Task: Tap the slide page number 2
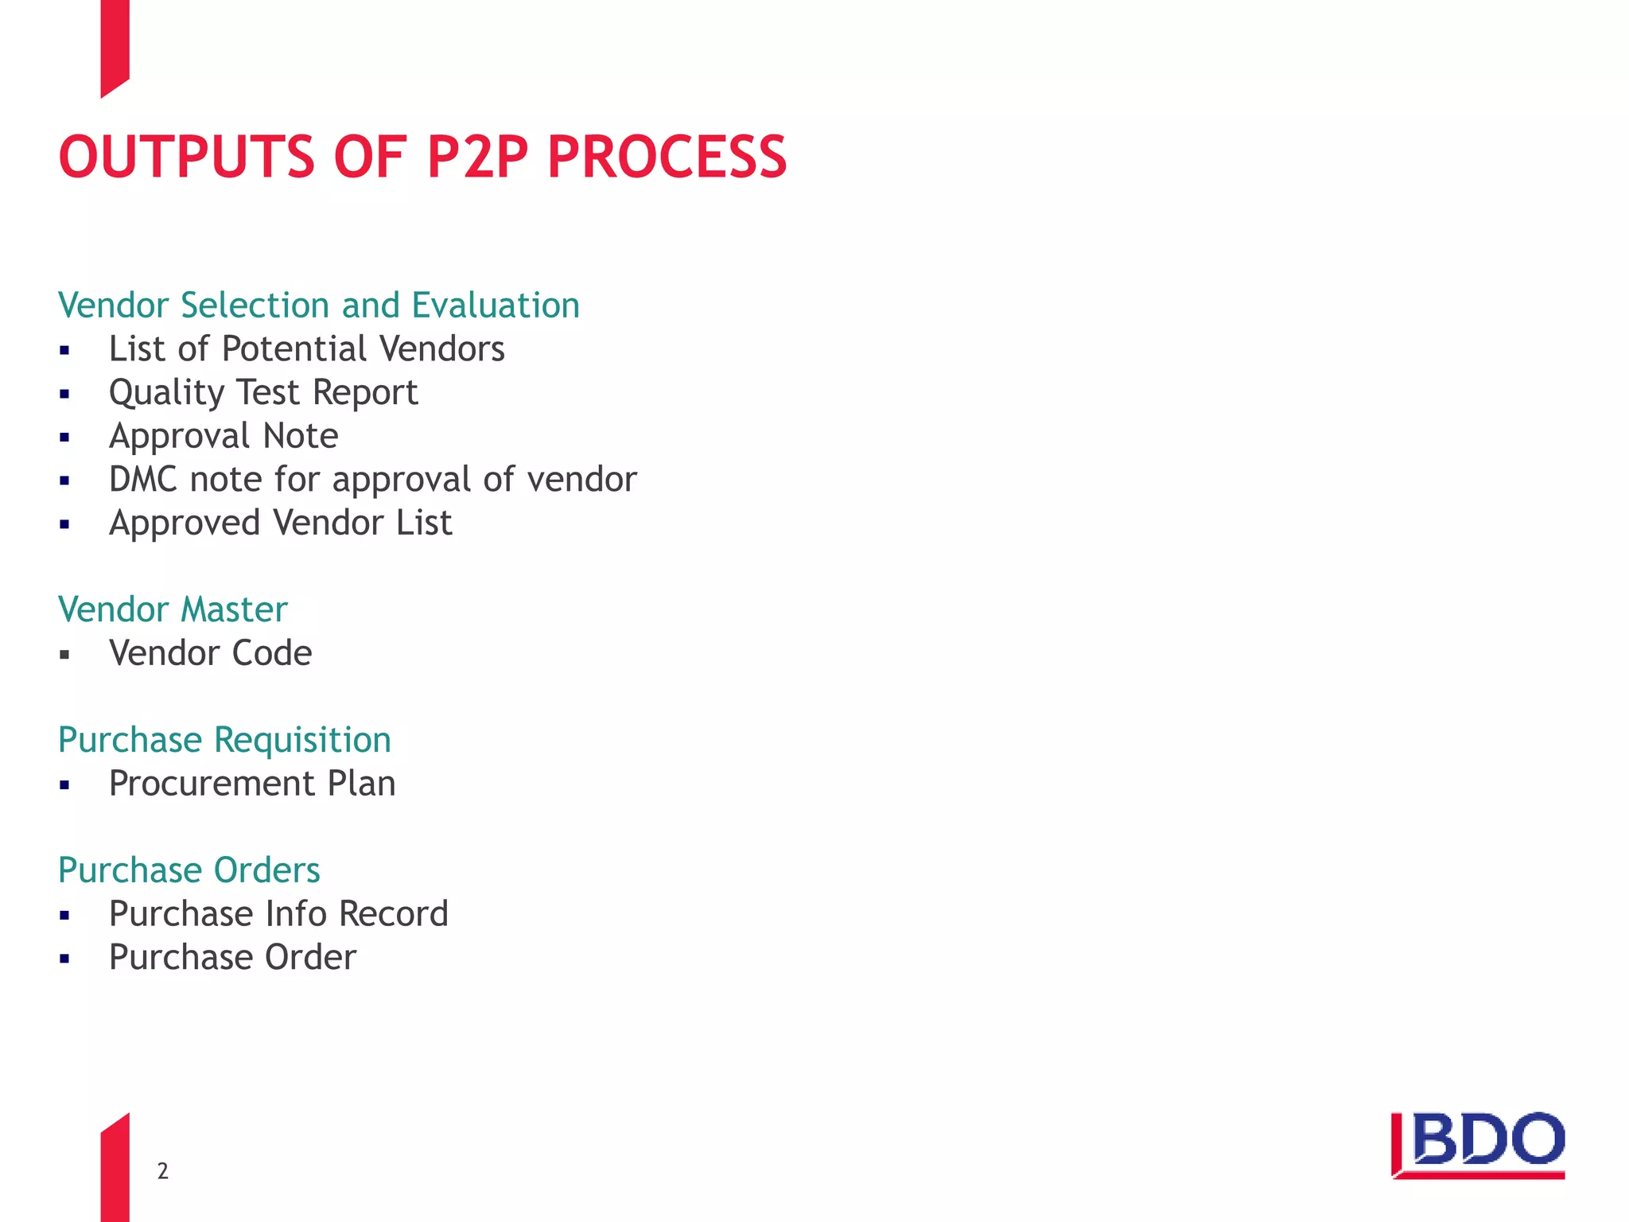point(162,1171)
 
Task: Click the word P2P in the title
point(477,157)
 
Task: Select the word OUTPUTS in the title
point(188,157)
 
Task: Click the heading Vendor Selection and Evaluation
point(319,305)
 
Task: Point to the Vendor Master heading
point(173,609)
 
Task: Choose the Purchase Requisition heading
point(224,740)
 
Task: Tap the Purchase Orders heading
point(189,870)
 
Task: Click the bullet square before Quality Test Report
point(65,394)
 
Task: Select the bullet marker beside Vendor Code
point(65,655)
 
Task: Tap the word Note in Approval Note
point(301,436)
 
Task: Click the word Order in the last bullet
point(310,957)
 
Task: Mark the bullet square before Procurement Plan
point(65,785)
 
